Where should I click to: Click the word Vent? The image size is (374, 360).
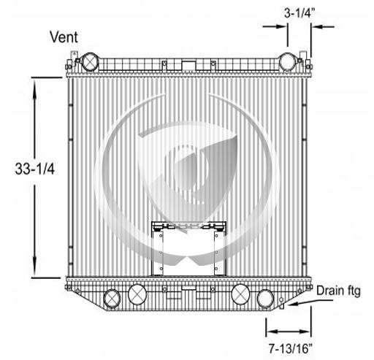[x=64, y=37]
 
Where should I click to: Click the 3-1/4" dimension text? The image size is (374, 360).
[x=299, y=14]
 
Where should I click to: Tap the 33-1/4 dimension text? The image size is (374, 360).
[x=35, y=169]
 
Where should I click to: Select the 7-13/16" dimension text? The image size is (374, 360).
[x=291, y=348]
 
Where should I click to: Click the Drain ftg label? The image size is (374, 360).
[x=338, y=291]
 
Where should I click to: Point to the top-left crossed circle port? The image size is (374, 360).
[x=90, y=62]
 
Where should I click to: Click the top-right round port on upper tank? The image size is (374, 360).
[x=288, y=62]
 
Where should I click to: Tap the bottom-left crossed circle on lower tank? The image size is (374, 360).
[x=112, y=299]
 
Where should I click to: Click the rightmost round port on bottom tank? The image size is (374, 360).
[x=265, y=299]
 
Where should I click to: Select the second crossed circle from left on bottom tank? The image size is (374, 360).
[x=137, y=294]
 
